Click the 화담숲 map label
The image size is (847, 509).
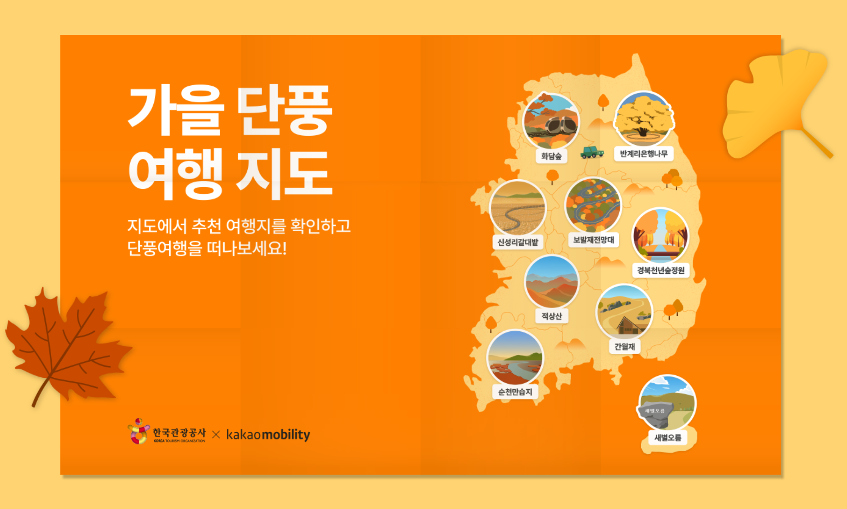tap(551, 156)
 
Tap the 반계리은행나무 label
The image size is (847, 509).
tap(643, 154)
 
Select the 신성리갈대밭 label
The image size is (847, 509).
tap(518, 242)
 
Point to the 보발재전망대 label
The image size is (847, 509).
tap(593, 240)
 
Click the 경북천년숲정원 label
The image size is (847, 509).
tap(660, 270)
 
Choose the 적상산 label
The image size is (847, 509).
tap(552, 316)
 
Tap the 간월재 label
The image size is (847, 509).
tap(624, 347)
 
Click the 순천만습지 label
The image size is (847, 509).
tap(515, 392)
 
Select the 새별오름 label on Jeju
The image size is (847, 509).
tap(667, 437)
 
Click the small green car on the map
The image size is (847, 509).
tap(592, 152)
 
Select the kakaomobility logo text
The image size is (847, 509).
tap(268, 434)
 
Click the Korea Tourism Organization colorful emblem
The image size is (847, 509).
tap(138, 431)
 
